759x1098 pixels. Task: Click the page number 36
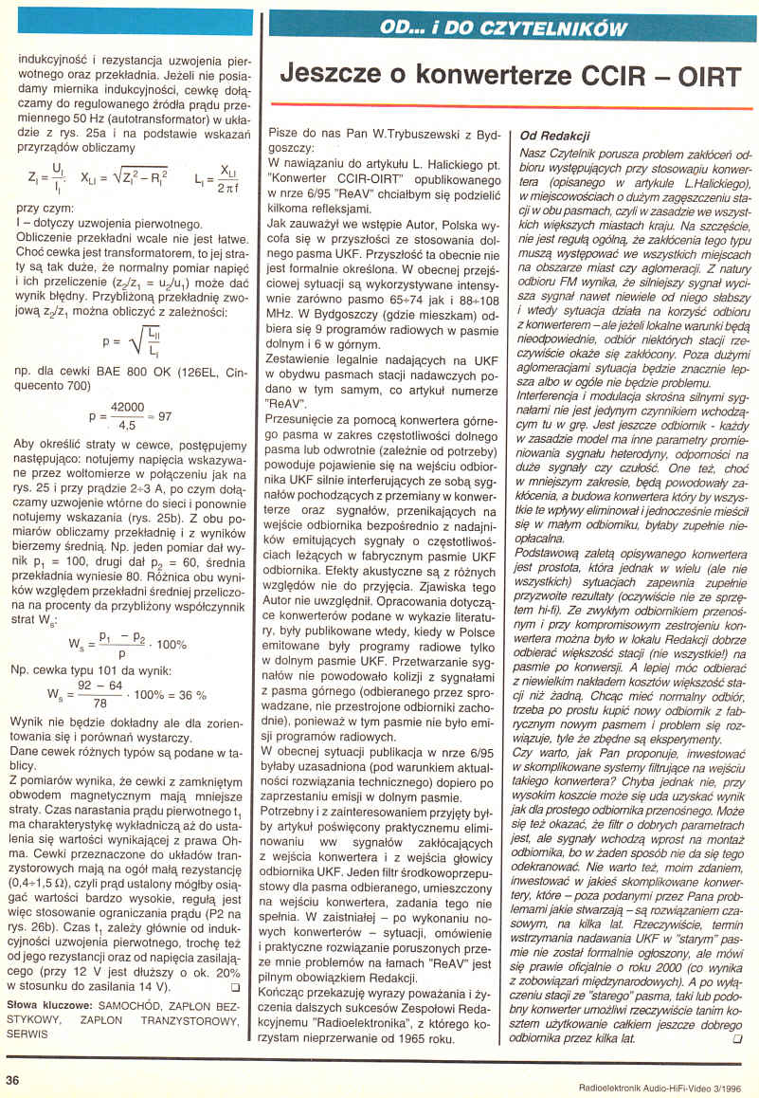coord(12,1079)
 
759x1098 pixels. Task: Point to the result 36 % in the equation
coord(191,695)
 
